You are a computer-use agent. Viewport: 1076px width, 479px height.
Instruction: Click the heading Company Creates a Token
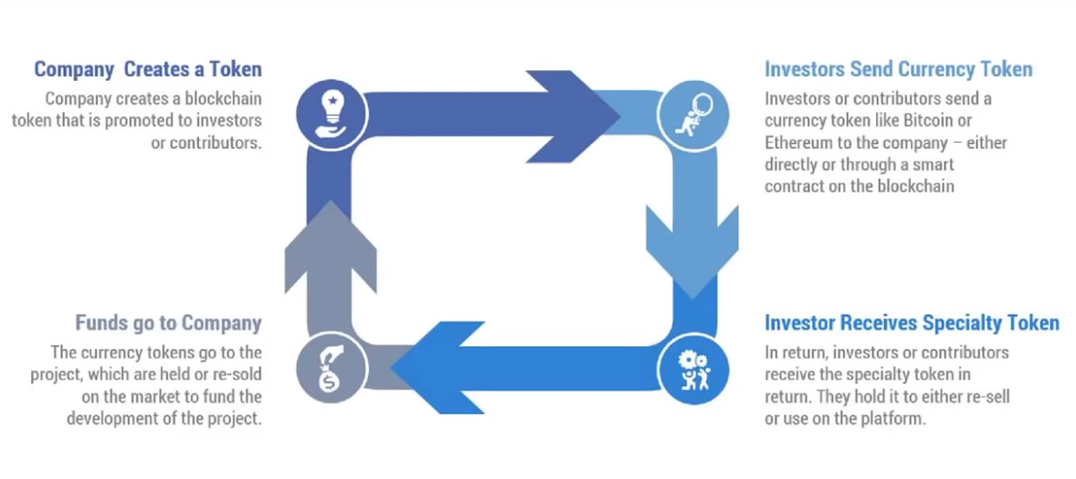[x=148, y=69]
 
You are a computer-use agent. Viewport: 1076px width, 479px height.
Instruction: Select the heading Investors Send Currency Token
[x=898, y=69]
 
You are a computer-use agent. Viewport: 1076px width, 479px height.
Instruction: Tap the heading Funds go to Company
[x=168, y=323]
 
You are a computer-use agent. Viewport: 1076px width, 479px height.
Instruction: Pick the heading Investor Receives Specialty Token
[x=912, y=323]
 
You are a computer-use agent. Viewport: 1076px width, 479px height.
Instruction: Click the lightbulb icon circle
[x=331, y=115]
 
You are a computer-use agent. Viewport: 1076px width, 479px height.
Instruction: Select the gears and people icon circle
[x=693, y=369]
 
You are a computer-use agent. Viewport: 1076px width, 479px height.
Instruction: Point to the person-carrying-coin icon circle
[x=693, y=115]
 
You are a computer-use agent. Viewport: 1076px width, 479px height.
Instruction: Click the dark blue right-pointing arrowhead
[x=571, y=116]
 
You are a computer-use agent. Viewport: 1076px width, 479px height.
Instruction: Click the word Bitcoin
[x=928, y=121]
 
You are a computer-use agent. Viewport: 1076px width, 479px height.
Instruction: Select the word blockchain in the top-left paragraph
[x=223, y=99]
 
